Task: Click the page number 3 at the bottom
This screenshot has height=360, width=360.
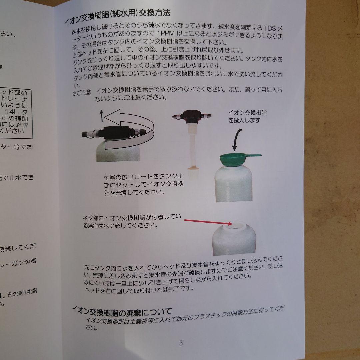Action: click(x=181, y=343)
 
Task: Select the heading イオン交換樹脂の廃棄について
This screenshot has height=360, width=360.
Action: click(x=122, y=312)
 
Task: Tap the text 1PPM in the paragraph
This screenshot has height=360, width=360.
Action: click(x=164, y=34)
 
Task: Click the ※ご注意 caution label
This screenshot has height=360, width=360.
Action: click(x=81, y=92)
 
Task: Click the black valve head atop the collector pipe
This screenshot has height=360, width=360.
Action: click(x=191, y=117)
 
